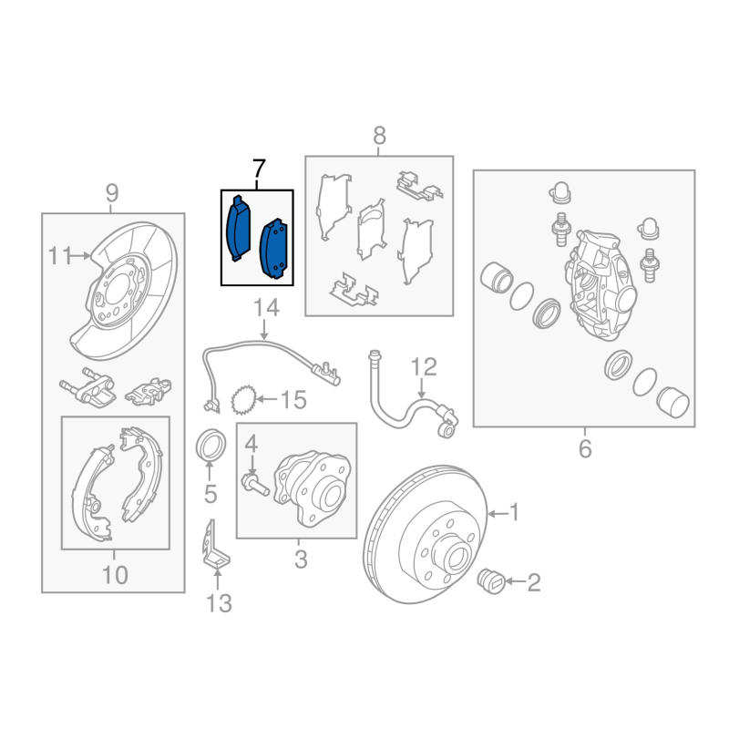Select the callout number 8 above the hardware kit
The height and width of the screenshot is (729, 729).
[x=379, y=136]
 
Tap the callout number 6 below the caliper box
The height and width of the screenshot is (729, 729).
[x=585, y=449]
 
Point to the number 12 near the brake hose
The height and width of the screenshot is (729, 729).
[x=424, y=367]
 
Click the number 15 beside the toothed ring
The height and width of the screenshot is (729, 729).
[x=293, y=400]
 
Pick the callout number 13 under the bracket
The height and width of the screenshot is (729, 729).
[x=219, y=603]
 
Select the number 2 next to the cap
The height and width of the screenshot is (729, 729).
[x=534, y=582]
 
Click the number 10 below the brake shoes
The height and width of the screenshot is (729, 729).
[x=115, y=575]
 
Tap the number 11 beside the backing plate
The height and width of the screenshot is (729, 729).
[x=60, y=256]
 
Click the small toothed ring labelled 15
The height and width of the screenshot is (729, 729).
[x=244, y=400]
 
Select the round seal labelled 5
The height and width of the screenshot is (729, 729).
[x=211, y=446]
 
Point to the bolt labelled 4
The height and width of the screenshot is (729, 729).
[x=256, y=485]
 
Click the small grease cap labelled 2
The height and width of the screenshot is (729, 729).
[x=492, y=580]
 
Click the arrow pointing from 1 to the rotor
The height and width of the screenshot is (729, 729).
[x=498, y=514]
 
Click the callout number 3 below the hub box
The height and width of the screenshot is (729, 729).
[x=301, y=559]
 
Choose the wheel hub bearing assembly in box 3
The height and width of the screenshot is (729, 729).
[x=312, y=488]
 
